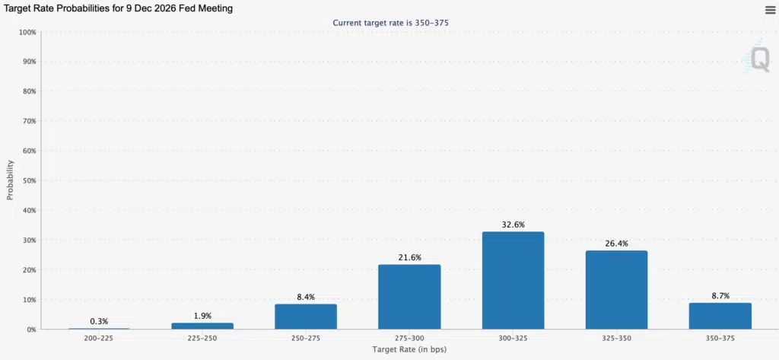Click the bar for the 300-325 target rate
(514, 280)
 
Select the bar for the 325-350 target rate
(616, 289)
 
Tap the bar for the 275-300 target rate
(409, 297)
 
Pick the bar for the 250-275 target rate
(306, 317)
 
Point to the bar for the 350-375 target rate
(720, 316)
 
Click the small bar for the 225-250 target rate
(202, 326)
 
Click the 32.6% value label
(514, 225)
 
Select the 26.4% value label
(616, 244)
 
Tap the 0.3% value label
(99, 321)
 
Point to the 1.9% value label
(202, 316)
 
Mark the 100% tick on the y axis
(27, 32)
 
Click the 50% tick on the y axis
(28, 180)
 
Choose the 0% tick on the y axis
(30, 330)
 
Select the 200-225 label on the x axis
(99, 338)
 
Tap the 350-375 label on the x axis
(720, 338)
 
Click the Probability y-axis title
(11, 180)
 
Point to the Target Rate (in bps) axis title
(409, 350)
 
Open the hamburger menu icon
(770, 9)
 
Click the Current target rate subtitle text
(391, 23)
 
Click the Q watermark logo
(759, 59)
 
